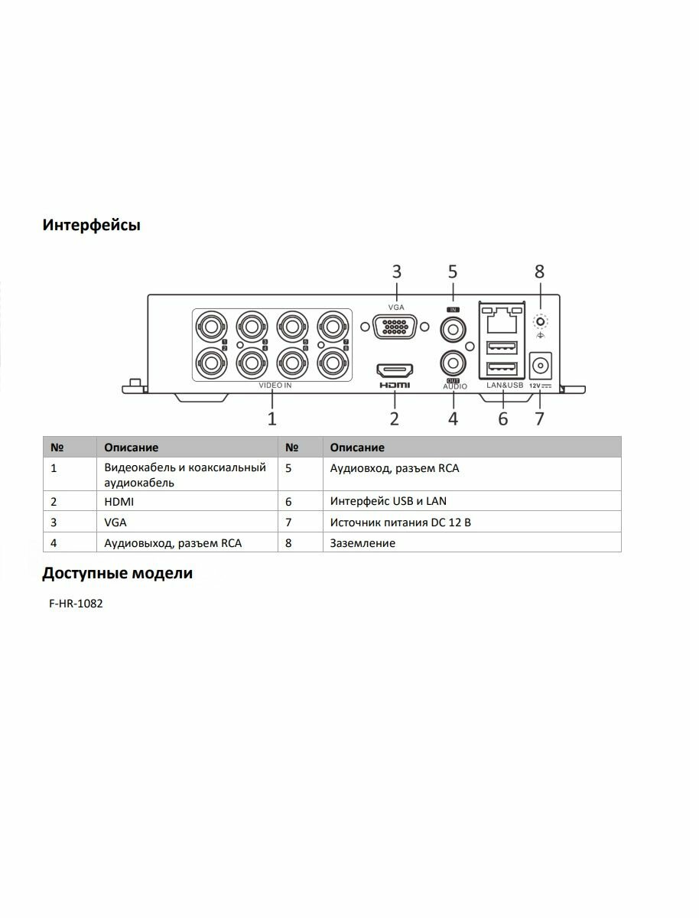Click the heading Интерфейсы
tap(91, 226)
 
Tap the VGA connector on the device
tap(395, 327)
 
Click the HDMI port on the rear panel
tap(395, 371)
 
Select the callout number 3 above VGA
tap(396, 272)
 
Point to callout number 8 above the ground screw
tap(539, 271)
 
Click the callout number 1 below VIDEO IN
tap(271, 418)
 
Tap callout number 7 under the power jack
tap(540, 418)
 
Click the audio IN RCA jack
tap(453, 330)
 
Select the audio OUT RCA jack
tap(453, 360)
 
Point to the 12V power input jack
tap(541, 363)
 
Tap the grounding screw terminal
tap(540, 322)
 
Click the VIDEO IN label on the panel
tap(275, 386)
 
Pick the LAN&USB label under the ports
tap(504, 386)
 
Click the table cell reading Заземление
tap(363, 543)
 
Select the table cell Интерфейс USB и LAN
tap(388, 502)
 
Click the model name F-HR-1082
tap(76, 604)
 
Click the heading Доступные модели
tap(118, 573)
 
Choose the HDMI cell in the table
tap(119, 502)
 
